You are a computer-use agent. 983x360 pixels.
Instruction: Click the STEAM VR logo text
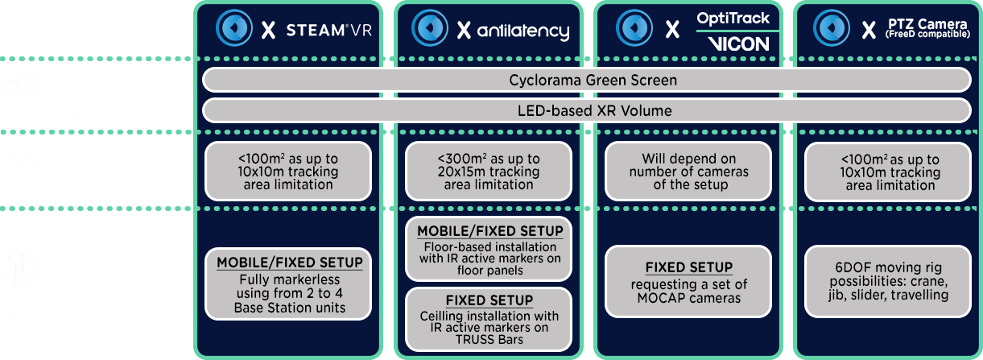(x=328, y=31)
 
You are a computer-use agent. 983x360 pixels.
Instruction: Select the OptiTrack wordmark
(x=733, y=18)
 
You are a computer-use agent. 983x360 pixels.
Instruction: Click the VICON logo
(x=738, y=44)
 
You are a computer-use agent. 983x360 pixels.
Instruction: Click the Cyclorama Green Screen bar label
(x=593, y=80)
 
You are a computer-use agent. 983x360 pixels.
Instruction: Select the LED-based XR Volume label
(x=594, y=110)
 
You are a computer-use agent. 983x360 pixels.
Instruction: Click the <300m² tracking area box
(x=489, y=172)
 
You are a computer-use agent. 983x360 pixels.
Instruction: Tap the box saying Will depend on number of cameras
(x=688, y=172)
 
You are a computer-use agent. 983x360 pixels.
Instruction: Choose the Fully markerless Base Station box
(x=288, y=284)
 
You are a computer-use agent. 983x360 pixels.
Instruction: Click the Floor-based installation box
(x=489, y=249)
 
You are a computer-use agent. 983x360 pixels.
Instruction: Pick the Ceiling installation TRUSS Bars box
(x=489, y=319)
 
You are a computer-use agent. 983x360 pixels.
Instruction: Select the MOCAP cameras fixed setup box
(x=688, y=281)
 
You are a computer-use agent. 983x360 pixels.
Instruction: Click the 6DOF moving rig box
(x=888, y=281)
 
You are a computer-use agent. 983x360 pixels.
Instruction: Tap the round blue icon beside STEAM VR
(x=234, y=27)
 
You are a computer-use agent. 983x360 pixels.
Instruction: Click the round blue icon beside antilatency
(x=430, y=27)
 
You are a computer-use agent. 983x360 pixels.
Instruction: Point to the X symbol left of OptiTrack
(x=672, y=30)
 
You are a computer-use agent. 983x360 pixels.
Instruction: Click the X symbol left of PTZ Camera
(x=869, y=31)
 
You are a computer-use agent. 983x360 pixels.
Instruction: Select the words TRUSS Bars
(x=489, y=339)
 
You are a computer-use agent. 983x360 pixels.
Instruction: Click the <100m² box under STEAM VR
(x=288, y=172)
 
